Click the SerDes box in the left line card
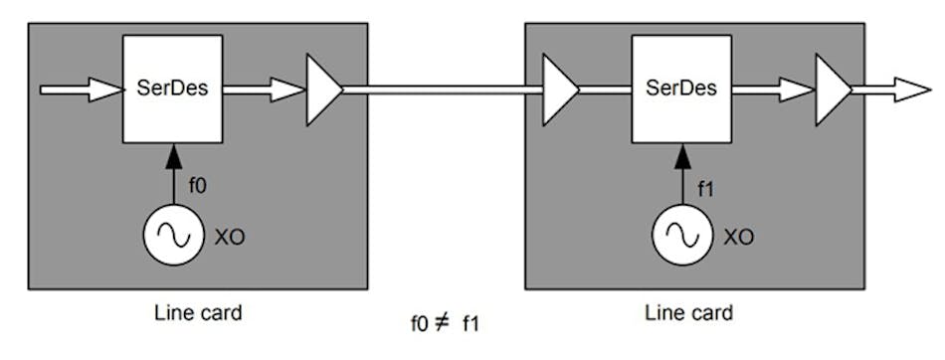(x=172, y=88)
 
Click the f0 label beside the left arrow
(x=197, y=184)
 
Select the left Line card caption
(x=199, y=312)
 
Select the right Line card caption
(x=690, y=312)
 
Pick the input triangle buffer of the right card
(x=559, y=90)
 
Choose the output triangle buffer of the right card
(x=833, y=90)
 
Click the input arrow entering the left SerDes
(x=80, y=90)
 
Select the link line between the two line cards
(x=443, y=90)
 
